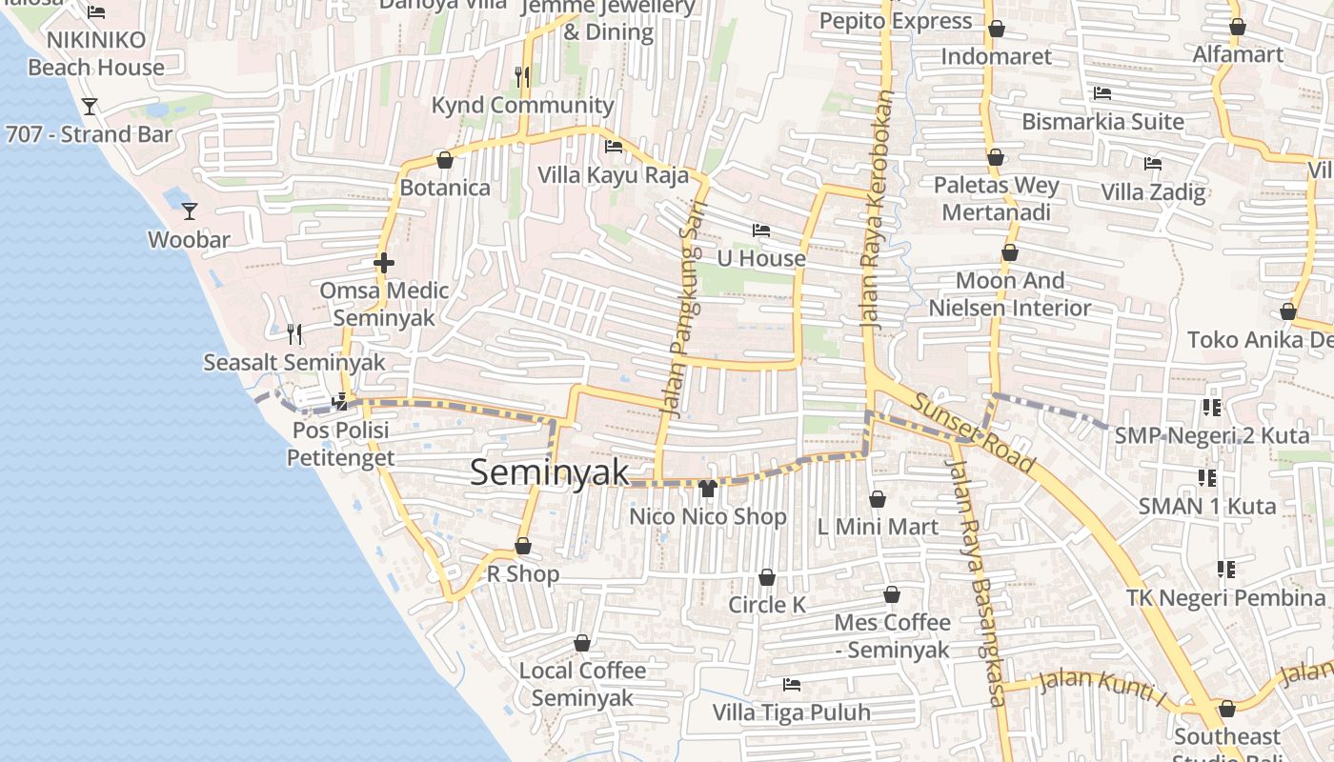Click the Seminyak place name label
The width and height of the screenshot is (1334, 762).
point(550,472)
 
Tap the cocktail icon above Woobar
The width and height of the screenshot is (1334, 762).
point(190,211)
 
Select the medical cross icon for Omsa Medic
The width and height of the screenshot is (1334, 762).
point(384,263)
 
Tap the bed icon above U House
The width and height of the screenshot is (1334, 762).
point(760,231)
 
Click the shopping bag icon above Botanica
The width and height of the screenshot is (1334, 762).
point(444,160)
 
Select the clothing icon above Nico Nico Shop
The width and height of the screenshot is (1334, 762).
point(707,489)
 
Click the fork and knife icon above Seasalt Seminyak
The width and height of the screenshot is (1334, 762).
point(294,334)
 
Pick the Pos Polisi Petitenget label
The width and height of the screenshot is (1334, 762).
point(341,444)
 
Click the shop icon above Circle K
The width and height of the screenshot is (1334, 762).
point(766,577)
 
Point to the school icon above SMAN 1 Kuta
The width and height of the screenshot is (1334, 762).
point(1206,478)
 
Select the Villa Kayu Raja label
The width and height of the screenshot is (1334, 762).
point(613,175)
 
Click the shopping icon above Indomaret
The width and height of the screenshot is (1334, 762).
point(996,30)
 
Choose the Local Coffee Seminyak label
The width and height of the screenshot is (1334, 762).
point(582,684)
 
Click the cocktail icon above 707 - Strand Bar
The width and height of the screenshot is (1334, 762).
point(90,106)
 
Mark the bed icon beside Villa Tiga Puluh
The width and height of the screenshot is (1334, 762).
point(791,684)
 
